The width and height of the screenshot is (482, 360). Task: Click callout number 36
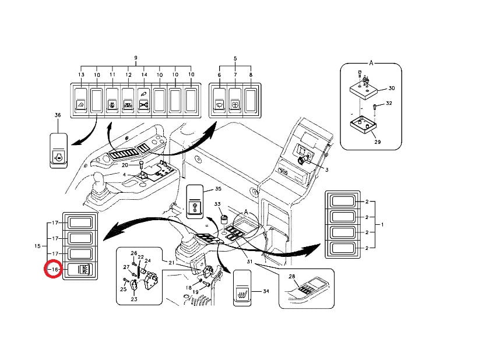pos(57,115)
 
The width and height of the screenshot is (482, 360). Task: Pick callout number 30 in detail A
pos(391,88)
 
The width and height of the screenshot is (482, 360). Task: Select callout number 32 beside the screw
pos(389,103)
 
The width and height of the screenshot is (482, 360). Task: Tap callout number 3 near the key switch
pos(327,170)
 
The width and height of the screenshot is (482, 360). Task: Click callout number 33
pos(217,204)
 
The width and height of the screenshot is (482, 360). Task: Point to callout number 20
pos(132,166)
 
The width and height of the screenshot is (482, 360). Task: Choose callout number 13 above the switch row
pos(81,75)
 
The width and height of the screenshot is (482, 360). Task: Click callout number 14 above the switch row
pos(144,75)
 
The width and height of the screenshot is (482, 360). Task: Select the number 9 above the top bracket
pos(135,58)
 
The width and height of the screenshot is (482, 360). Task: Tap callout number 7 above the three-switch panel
pos(235,75)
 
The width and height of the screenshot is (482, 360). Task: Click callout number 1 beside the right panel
pos(382,224)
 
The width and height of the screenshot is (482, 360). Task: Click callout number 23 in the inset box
pos(133,299)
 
